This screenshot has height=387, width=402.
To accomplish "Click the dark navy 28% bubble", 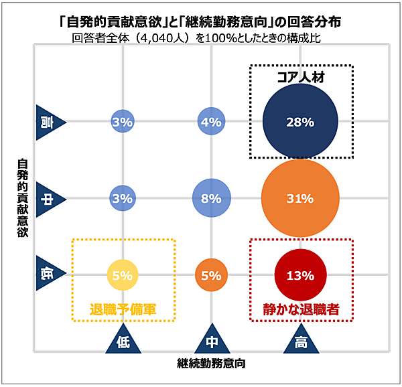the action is pos(300,121).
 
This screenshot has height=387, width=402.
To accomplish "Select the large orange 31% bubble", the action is pos(300,198).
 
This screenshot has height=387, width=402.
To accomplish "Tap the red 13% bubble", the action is pos(300,275).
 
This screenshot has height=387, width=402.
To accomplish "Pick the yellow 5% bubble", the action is pos(123,275).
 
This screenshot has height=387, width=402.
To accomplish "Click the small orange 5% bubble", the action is pos(211,275).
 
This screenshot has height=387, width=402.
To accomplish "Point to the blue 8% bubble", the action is pos(212,198).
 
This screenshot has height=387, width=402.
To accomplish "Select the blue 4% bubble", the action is pos(211,121).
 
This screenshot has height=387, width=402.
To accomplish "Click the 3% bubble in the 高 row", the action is pos(123,121).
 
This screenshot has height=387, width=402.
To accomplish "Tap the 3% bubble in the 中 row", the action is pos(123,198).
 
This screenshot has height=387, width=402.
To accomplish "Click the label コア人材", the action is pos(301,77).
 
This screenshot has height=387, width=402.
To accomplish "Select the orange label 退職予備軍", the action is pos(123,309).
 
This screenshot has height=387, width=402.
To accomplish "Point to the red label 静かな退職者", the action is pos(301,309).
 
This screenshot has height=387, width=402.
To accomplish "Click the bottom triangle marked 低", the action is pos(123,338).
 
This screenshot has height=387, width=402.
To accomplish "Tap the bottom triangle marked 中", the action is pos(212,338).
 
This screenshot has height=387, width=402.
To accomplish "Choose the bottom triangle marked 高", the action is pos(301,338).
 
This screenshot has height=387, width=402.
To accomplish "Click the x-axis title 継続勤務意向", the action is pos(211,364).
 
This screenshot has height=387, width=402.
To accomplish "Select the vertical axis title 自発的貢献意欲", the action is pos(23,198).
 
